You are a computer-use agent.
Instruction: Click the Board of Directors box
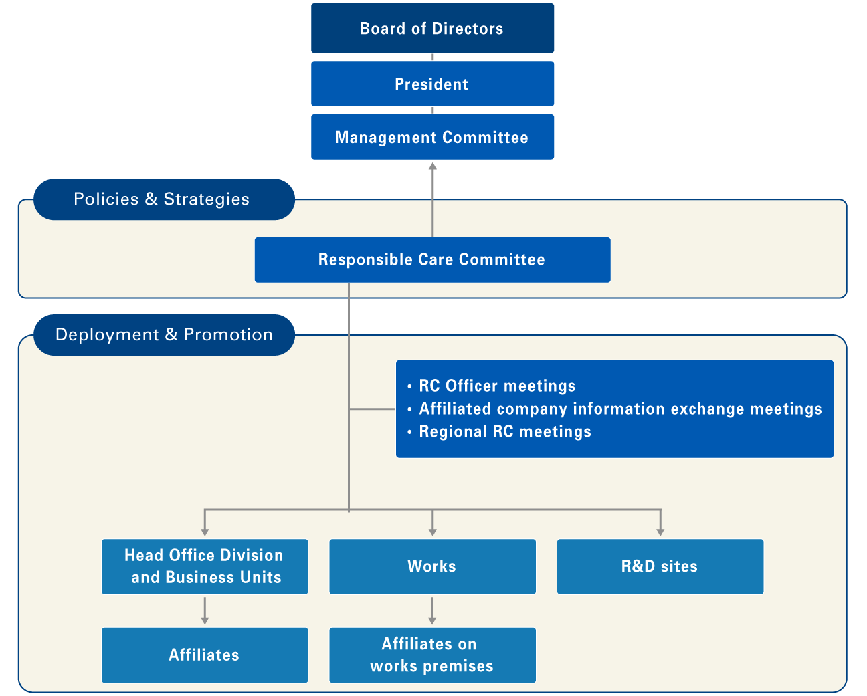click(432, 28)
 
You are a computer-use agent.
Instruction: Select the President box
click(432, 84)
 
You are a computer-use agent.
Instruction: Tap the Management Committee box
click(432, 137)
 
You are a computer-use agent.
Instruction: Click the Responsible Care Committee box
click(432, 259)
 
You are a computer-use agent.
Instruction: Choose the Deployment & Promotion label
click(164, 335)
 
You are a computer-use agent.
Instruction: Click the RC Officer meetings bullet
click(496, 386)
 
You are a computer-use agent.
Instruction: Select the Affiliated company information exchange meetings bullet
click(619, 409)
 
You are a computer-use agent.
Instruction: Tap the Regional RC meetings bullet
click(504, 431)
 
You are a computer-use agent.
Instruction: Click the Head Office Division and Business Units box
click(205, 566)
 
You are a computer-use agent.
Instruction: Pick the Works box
click(432, 566)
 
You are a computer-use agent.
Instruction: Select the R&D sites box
click(660, 566)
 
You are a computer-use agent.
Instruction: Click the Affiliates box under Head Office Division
click(205, 655)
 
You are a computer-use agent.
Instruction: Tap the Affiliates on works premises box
click(432, 655)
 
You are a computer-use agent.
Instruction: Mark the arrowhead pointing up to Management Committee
click(432, 166)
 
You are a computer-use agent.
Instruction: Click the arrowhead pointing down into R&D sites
click(660, 532)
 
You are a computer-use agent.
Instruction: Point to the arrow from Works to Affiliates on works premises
click(432, 610)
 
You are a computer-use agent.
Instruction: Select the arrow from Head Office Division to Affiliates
click(205, 610)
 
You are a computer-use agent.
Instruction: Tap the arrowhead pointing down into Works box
click(432, 532)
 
